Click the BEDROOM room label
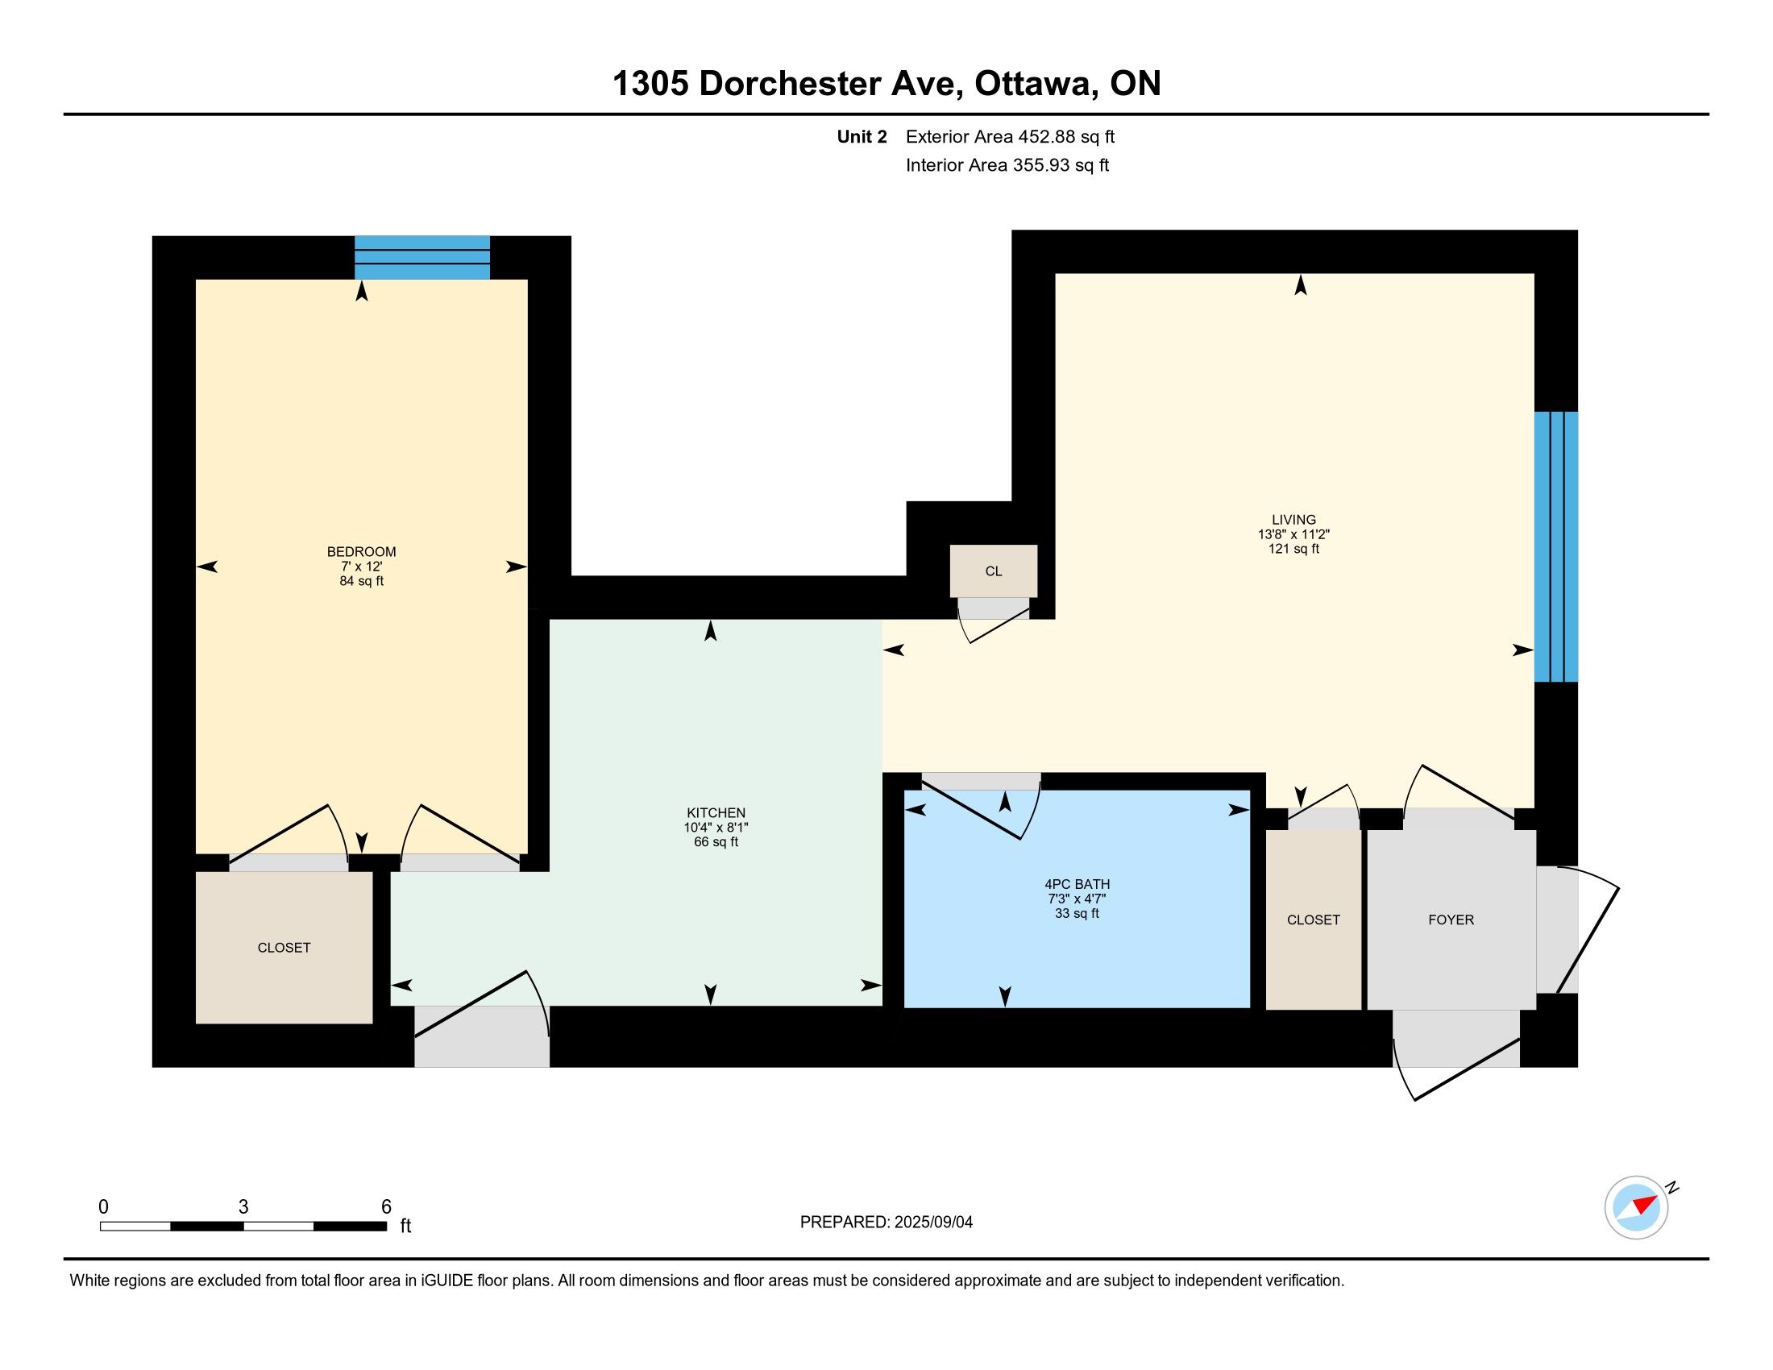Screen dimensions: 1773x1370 click(361, 552)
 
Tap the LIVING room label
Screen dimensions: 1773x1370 click(1293, 520)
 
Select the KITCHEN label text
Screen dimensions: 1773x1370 click(715, 812)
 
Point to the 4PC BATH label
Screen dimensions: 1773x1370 click(1077, 884)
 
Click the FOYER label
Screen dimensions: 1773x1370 click(1451, 920)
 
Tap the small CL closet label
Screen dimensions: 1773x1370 click(994, 571)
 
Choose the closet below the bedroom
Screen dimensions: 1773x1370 click(284, 947)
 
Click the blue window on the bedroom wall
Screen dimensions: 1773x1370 click(422, 257)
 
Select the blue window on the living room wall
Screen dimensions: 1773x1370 click(1556, 546)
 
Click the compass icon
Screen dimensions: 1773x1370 click(1637, 1208)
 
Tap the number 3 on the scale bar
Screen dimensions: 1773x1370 click(243, 1207)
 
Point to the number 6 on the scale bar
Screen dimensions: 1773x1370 click(386, 1207)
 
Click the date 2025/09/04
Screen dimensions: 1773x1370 click(932, 1223)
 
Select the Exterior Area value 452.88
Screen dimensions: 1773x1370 click(1044, 136)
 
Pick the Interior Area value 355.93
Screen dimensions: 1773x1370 click(1039, 164)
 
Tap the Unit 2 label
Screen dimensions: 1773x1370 click(862, 136)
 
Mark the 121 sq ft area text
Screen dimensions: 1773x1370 click(1293, 549)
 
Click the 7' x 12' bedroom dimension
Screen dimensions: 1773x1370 click(361, 567)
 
